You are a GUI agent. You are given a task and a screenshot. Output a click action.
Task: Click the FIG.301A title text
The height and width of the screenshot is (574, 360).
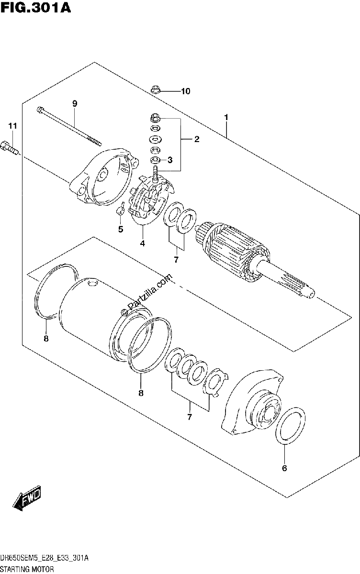tap(35, 8)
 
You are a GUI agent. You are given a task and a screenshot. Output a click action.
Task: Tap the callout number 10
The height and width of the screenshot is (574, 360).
tap(185, 91)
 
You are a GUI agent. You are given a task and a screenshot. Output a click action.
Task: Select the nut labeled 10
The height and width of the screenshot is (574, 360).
tap(155, 90)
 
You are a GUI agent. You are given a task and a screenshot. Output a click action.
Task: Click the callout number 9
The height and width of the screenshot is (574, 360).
tap(75, 104)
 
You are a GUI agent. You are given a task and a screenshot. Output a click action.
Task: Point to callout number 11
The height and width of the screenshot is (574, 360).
tap(12, 126)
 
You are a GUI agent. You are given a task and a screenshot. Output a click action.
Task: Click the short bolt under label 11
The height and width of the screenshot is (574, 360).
tap(10, 148)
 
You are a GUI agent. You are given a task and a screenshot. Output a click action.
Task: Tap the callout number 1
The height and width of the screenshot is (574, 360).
tap(226, 117)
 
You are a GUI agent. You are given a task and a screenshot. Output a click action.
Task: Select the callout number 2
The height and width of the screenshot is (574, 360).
tap(197, 139)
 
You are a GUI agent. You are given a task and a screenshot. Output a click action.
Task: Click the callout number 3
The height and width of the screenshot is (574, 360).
tap(170, 160)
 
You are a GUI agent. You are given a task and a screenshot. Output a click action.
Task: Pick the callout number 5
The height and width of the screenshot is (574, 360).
tap(121, 229)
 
